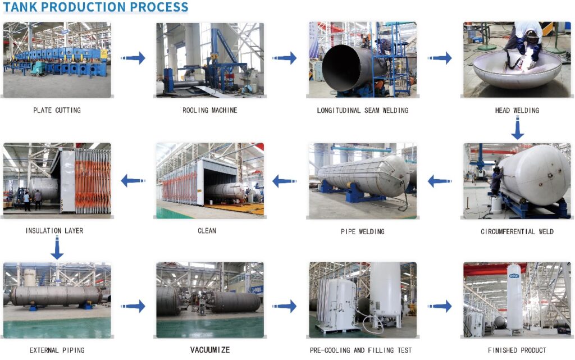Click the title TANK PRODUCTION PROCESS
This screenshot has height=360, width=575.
(95, 7)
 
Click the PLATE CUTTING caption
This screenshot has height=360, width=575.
(57, 110)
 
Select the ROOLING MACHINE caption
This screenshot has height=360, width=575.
(210, 110)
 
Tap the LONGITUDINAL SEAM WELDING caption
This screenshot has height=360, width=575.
(363, 110)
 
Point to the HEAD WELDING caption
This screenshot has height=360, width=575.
(517, 110)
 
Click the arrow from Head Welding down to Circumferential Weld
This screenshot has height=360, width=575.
(517, 130)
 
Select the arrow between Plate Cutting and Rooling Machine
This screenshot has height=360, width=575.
(133, 58)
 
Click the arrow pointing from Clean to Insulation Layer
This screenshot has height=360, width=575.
(133, 181)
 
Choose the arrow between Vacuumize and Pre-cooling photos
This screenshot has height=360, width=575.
(286, 307)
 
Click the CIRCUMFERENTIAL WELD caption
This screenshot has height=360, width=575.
(517, 231)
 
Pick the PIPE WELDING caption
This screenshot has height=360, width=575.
(363, 231)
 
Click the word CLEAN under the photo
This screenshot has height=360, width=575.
(207, 231)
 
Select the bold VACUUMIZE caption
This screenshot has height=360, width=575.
(210, 350)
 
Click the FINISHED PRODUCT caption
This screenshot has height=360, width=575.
(517, 350)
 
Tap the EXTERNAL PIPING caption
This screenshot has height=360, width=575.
(57, 350)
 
